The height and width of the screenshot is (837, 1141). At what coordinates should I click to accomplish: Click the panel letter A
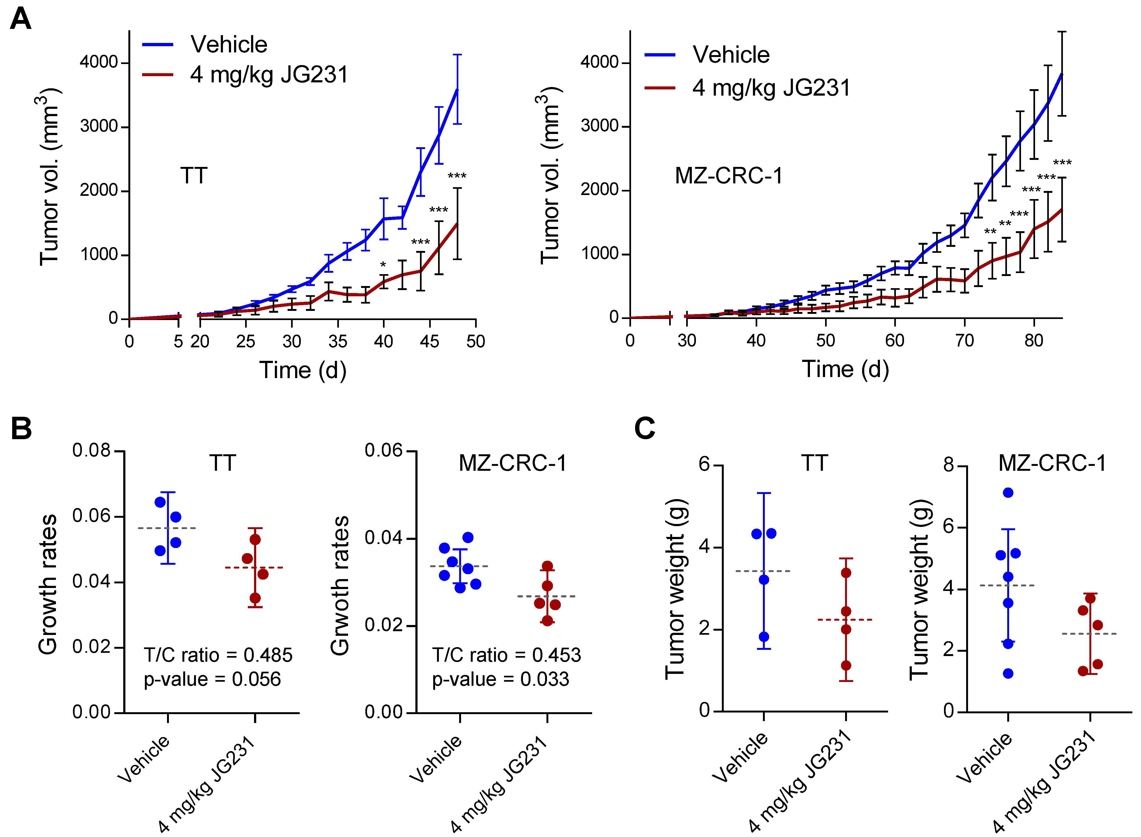pyautogui.click(x=21, y=19)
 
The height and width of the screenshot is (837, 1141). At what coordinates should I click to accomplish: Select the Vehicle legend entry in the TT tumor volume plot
pyautogui.click(x=229, y=45)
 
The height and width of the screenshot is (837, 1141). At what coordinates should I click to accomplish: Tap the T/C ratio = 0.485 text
pyautogui.click(x=218, y=655)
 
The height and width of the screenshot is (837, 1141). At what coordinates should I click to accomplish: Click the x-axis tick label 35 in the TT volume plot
pyautogui.click(x=338, y=341)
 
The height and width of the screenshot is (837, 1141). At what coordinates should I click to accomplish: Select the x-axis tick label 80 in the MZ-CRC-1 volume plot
pyautogui.click(x=1033, y=341)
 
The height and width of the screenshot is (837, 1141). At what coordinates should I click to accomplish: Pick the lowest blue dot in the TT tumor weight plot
pyautogui.click(x=764, y=637)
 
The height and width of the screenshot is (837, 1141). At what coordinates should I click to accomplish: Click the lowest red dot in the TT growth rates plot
pyautogui.click(x=255, y=598)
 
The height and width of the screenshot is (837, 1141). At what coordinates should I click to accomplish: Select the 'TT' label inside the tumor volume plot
pyautogui.click(x=194, y=176)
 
